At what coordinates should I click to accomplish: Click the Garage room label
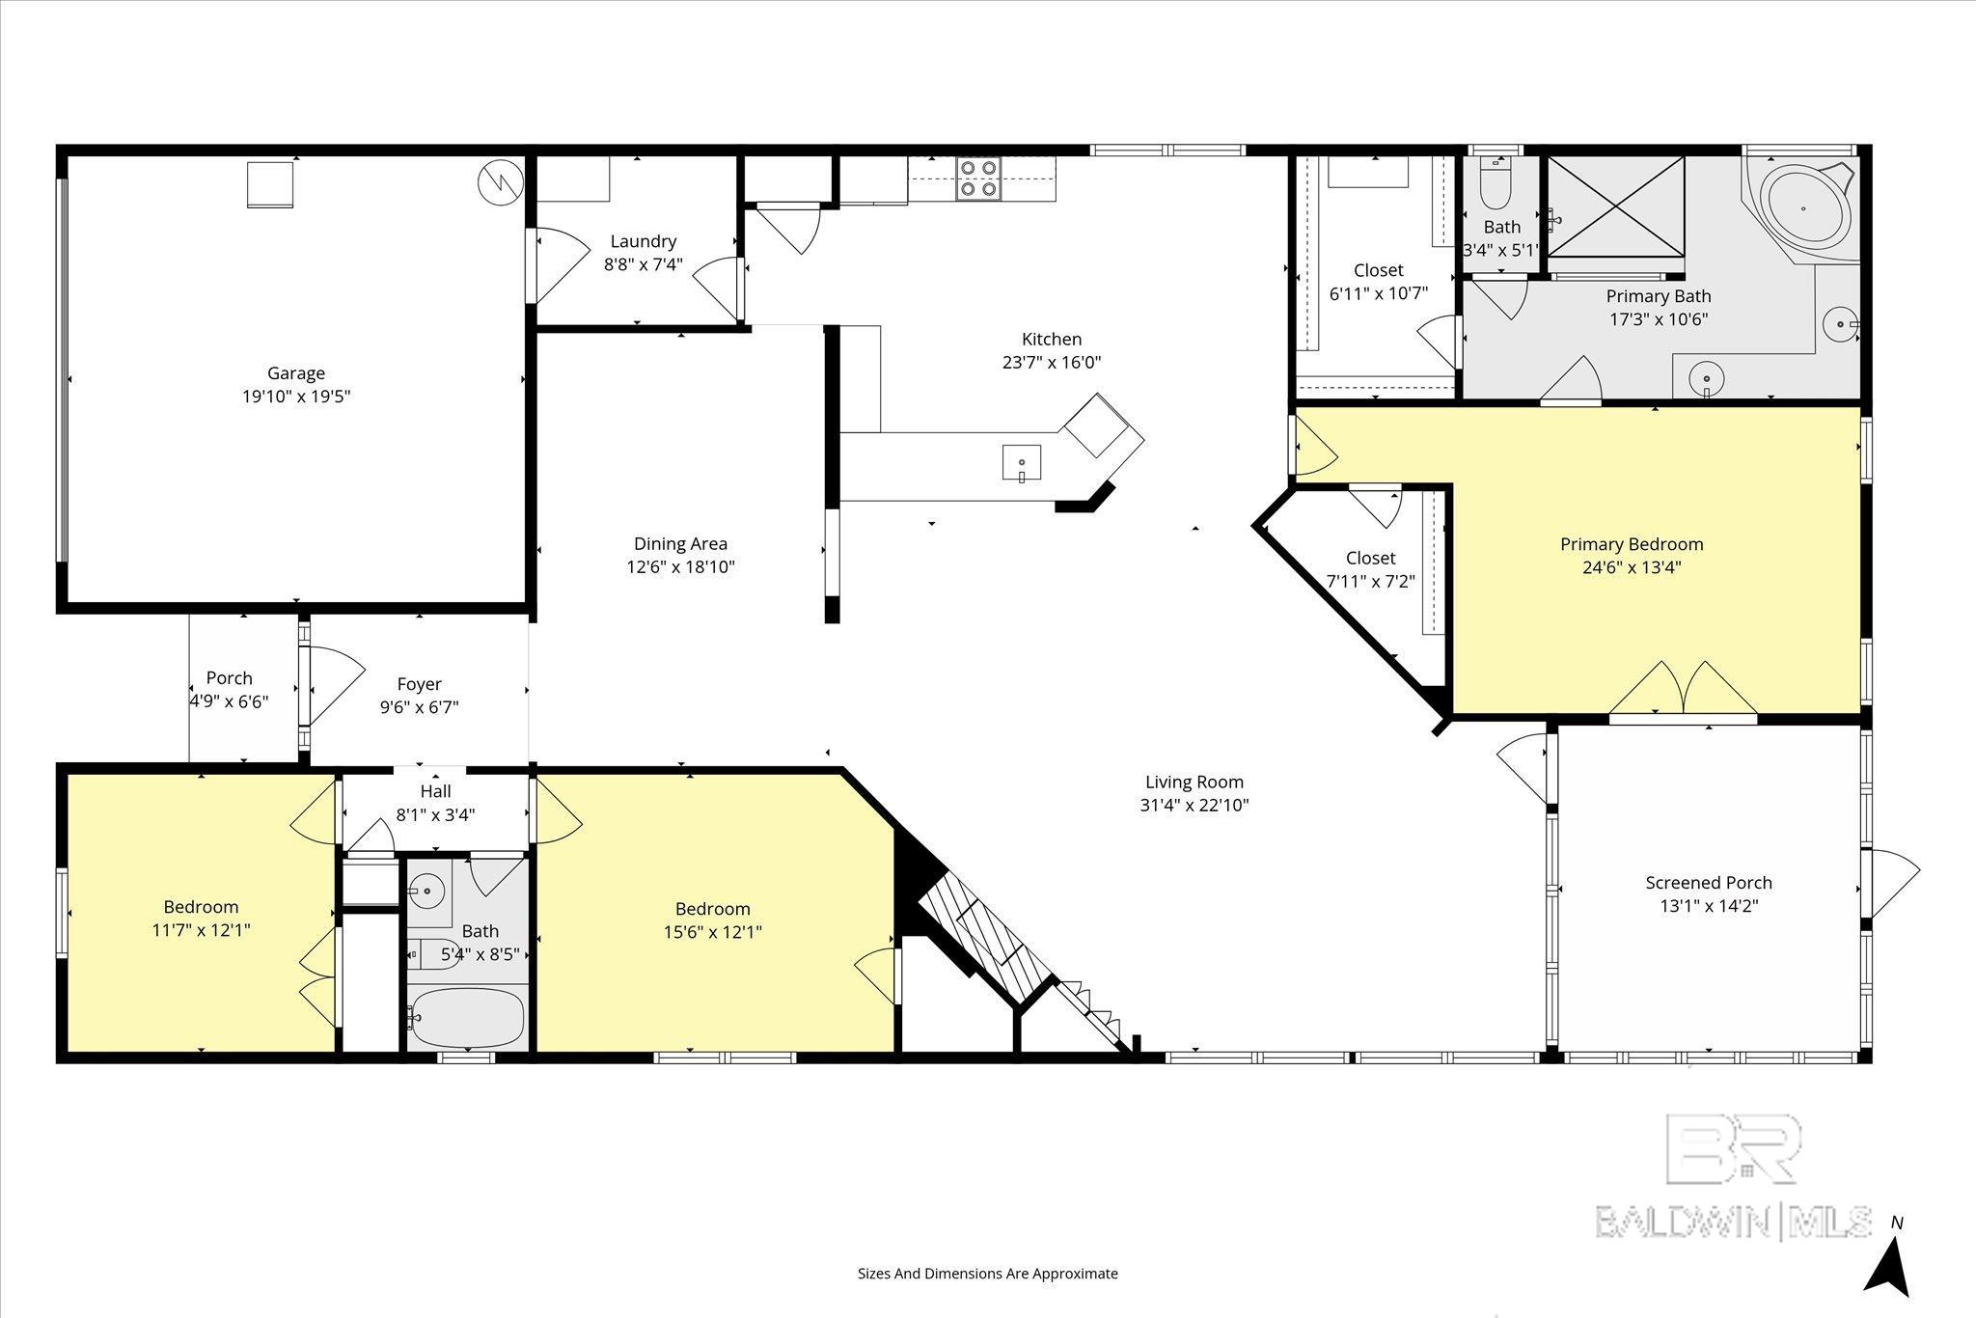tap(296, 373)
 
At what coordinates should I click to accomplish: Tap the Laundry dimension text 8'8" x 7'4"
tap(644, 263)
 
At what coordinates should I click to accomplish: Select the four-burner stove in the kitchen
tap(978, 178)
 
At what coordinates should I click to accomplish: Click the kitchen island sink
tap(1022, 463)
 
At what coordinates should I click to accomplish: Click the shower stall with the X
tap(1616, 206)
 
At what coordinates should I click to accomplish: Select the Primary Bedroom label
tap(1632, 544)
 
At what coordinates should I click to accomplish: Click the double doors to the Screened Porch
tap(1683, 690)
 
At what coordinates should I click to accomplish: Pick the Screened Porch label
tap(1709, 883)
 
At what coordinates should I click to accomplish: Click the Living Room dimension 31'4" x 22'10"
tap(1194, 805)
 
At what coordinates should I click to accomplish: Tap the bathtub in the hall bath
tap(467, 1017)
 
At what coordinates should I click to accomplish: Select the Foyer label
tap(420, 684)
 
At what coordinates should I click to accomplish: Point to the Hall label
tap(435, 791)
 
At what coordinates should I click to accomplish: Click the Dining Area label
tap(680, 544)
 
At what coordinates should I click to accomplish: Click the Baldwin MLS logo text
tap(1733, 1222)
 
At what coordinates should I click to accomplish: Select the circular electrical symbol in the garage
tap(501, 182)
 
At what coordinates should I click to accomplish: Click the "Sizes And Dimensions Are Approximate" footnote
tap(988, 1274)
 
